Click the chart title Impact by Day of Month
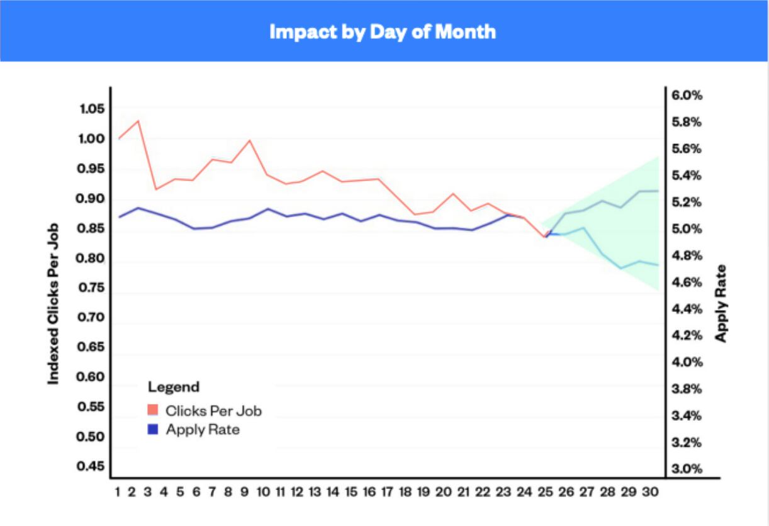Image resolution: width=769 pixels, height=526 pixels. click(x=383, y=31)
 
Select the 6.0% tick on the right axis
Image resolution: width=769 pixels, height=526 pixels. click(x=687, y=96)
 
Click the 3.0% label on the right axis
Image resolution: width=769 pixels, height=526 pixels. click(x=687, y=469)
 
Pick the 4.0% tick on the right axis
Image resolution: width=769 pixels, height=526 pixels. click(x=687, y=362)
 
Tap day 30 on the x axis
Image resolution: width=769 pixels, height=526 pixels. click(x=651, y=491)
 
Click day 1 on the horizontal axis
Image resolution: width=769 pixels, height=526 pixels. click(x=117, y=491)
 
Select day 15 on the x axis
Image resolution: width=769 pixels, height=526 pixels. click(x=351, y=491)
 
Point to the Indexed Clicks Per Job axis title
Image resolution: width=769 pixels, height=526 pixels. click(x=54, y=303)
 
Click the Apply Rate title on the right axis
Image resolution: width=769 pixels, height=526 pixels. click(x=721, y=303)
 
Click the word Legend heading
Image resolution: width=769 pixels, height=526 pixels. click(x=174, y=387)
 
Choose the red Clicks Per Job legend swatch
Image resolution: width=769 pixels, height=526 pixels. click(x=153, y=411)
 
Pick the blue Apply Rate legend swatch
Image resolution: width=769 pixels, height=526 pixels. click(x=153, y=430)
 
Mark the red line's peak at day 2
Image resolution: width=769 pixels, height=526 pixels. click(x=138, y=121)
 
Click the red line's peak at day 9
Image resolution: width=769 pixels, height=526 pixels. click(x=250, y=140)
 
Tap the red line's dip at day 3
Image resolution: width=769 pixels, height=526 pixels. click(x=156, y=189)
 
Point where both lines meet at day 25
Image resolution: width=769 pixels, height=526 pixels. click(x=546, y=236)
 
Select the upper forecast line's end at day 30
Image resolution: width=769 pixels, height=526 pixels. click(x=658, y=191)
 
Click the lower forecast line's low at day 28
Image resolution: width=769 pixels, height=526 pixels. click(x=622, y=268)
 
